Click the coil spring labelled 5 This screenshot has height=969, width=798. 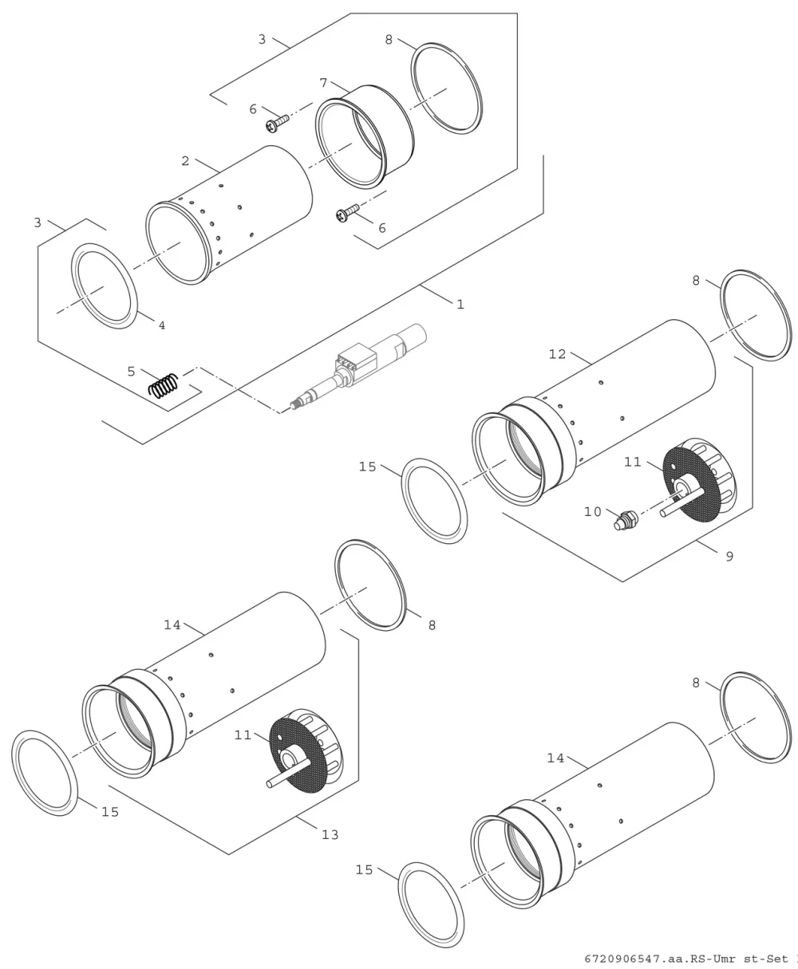pos(163,385)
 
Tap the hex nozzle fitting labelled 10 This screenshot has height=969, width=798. pos(626,520)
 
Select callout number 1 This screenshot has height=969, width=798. pos(460,305)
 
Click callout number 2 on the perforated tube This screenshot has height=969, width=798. pos(185,161)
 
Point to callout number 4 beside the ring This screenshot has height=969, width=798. pos(162,325)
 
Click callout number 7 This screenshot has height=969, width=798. pos(324,83)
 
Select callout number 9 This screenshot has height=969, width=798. pos(729,557)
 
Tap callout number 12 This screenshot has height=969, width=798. pos(557,354)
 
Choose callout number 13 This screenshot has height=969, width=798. pos(330,835)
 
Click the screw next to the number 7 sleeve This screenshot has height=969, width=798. pos(278,123)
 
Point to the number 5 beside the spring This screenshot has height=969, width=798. pos(131,371)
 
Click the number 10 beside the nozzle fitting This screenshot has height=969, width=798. pos(593,511)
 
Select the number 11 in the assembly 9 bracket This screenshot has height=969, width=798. pos(633,462)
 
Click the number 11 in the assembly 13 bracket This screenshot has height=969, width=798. pos(243,735)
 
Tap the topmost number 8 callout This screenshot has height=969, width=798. pos(389,40)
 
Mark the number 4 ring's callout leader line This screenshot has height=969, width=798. pos(146,317)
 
